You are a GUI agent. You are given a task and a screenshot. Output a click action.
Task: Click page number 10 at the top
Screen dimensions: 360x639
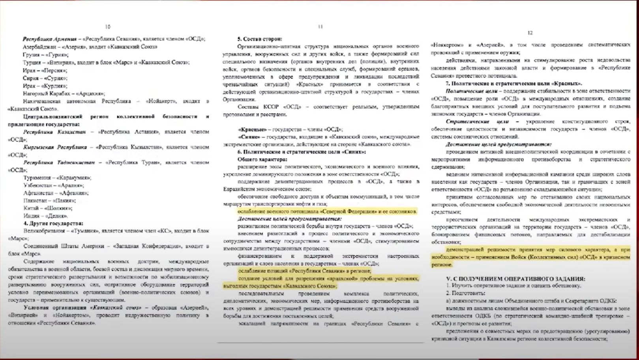[x=108, y=27]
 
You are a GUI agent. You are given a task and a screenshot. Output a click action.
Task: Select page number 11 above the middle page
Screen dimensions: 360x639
[x=320, y=27]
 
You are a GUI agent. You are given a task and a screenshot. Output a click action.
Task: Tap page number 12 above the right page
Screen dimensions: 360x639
[x=530, y=33]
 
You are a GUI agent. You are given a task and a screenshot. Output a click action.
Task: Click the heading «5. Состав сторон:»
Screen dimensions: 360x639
[x=260, y=39]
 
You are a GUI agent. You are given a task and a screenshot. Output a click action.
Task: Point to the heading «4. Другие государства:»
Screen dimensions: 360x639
[x=53, y=223]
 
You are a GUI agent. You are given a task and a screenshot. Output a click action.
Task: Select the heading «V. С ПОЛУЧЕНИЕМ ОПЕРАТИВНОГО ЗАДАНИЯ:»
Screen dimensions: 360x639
[x=515, y=279]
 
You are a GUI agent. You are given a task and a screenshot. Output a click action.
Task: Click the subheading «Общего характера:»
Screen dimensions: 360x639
[x=262, y=159]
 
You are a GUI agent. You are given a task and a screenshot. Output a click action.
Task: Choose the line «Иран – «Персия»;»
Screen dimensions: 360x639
[x=45, y=70]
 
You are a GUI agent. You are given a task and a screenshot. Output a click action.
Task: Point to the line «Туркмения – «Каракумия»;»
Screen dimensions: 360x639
[x=57, y=178]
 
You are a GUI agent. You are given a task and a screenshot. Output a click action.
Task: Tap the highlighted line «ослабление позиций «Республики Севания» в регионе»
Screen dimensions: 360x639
[x=304, y=271]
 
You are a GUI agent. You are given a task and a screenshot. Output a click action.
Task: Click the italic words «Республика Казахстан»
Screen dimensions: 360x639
[x=54, y=132]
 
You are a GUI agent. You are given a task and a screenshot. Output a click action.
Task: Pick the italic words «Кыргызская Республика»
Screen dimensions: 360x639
[x=55, y=147]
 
